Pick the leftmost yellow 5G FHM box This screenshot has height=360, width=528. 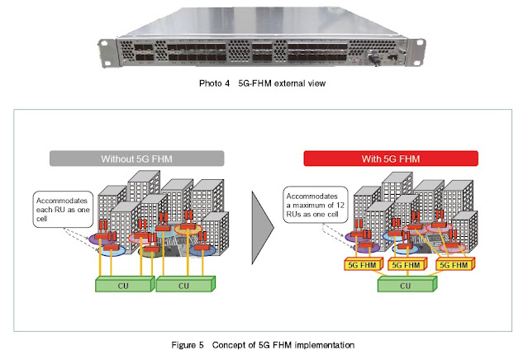click(359, 266)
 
